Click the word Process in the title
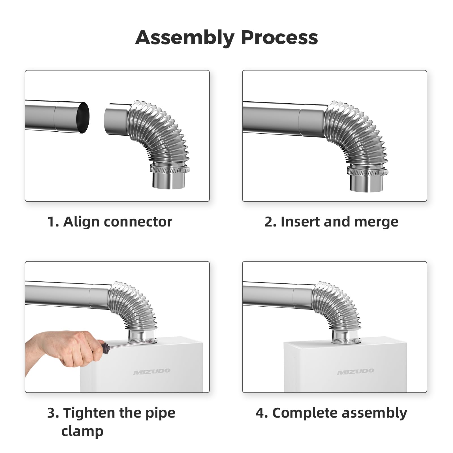(279, 37)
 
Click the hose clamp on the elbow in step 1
(170, 169)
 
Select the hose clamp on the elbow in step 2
(367, 171)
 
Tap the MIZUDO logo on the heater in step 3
(152, 371)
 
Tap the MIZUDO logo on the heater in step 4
(355, 371)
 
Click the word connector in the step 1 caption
(138, 222)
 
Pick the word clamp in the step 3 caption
(82, 431)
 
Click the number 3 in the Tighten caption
(51, 413)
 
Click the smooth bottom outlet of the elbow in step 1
(169, 181)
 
